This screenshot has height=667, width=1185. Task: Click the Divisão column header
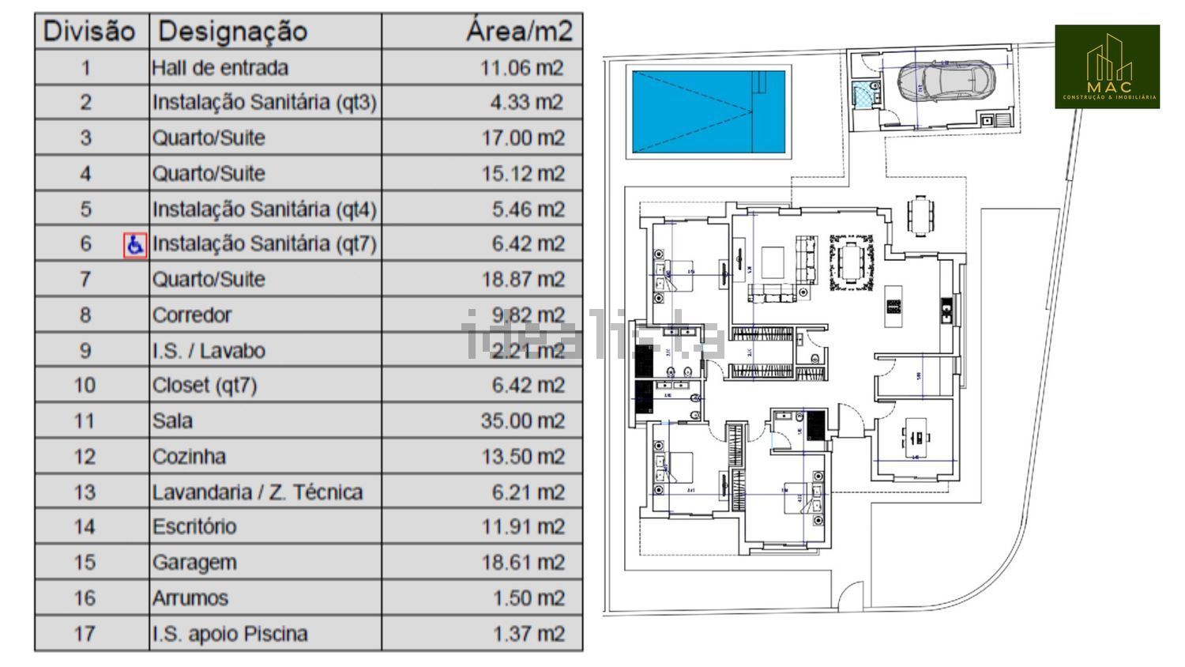pos(89,32)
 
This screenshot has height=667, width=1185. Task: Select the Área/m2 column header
pos(518,32)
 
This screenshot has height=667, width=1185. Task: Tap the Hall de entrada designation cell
pos(220,68)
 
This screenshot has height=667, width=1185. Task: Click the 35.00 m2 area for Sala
pos(522,420)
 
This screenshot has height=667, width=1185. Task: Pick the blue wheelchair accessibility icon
pos(135,245)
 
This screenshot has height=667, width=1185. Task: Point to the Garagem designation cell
pos(194,563)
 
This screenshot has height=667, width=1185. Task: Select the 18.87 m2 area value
pos(523,279)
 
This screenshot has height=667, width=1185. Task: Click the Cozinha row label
pos(189,457)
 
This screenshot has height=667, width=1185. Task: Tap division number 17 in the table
pos(85,634)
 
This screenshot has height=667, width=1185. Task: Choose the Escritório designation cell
pos(194,526)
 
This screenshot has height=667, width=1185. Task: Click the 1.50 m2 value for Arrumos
pos(529,598)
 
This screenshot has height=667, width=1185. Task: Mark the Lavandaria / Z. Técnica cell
pos(258,492)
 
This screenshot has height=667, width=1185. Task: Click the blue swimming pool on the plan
pos(709,111)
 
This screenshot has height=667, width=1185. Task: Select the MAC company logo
pos(1107,66)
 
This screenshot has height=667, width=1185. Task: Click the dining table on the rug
pos(852,262)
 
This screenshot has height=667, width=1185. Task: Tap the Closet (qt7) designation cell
pos(205,386)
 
